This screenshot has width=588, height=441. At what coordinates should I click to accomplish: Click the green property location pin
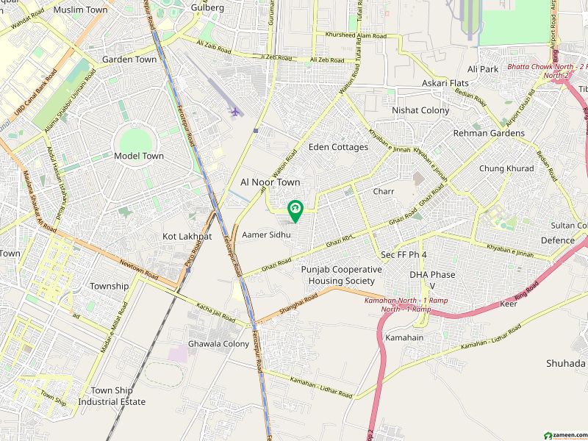(295, 211)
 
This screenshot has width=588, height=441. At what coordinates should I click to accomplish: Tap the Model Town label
(138, 156)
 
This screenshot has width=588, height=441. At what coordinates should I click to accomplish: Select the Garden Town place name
(129, 60)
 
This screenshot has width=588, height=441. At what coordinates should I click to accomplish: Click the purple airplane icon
(235, 112)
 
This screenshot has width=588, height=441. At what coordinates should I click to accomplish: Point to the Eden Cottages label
(338, 147)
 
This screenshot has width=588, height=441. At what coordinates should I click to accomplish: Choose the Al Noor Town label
(270, 181)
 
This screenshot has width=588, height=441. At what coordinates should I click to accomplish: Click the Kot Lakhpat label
(187, 236)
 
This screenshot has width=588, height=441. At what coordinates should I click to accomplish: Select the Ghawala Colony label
(218, 344)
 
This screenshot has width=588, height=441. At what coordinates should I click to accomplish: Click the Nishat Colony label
(420, 110)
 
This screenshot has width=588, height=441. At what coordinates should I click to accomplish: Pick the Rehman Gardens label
(489, 133)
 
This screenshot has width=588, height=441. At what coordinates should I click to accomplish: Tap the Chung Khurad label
(506, 168)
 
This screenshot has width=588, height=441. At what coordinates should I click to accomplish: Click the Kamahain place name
(404, 337)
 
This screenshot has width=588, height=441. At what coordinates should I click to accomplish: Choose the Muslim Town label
(81, 10)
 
